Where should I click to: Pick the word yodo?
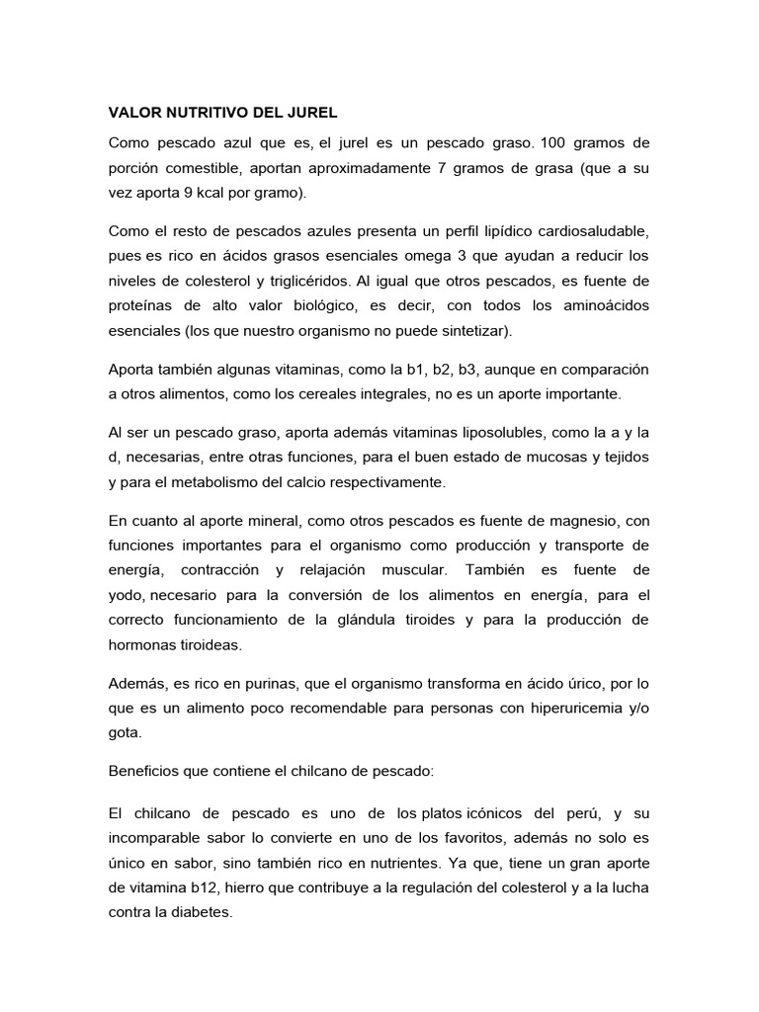point(126,596)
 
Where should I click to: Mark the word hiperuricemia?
point(558,709)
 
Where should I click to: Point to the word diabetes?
point(203,913)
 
